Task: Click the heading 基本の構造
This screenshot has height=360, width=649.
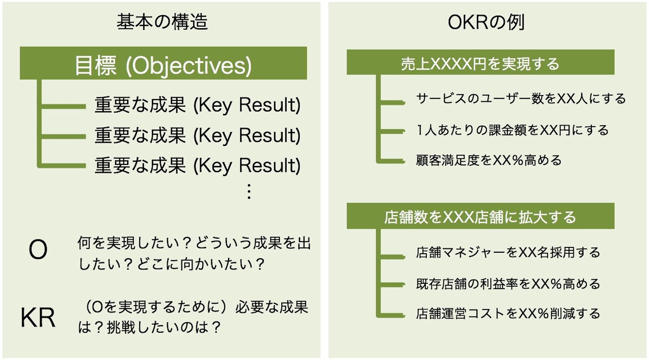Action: (x=162, y=22)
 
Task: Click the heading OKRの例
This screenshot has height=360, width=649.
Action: (x=486, y=22)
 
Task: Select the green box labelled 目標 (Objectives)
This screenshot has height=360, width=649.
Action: (x=164, y=63)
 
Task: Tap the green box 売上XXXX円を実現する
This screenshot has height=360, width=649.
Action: (x=480, y=62)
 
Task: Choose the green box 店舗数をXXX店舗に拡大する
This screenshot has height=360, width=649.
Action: (x=480, y=216)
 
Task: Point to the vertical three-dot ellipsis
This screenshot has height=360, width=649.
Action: (x=249, y=191)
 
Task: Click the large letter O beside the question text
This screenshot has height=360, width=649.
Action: (x=38, y=250)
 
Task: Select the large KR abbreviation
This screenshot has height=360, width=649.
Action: (x=38, y=318)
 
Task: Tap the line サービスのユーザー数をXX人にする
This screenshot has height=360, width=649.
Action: (x=521, y=99)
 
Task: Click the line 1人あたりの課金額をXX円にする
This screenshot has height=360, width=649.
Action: (x=512, y=130)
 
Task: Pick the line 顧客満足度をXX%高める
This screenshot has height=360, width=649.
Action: (x=489, y=160)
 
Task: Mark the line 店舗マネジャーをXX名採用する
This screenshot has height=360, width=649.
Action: (x=508, y=252)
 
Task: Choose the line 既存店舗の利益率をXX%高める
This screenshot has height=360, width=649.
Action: (x=508, y=284)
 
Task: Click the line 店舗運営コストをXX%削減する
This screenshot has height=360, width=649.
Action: (x=508, y=314)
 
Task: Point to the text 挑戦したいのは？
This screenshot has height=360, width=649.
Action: (x=164, y=328)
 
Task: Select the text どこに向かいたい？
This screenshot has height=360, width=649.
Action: (x=201, y=264)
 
